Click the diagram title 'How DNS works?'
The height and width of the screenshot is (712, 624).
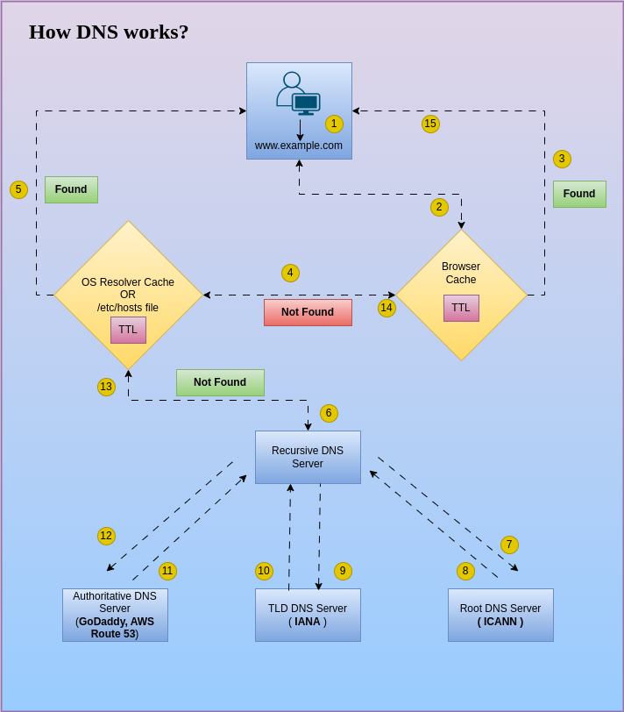click(109, 32)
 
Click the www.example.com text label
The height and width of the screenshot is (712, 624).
click(299, 146)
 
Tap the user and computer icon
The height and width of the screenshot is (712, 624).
click(298, 93)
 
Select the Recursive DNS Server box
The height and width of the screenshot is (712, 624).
click(308, 457)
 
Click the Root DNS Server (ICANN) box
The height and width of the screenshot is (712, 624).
click(500, 615)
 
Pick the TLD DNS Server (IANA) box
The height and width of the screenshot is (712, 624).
click(308, 615)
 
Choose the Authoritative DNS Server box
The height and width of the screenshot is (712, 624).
click(115, 615)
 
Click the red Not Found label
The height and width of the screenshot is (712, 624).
click(308, 312)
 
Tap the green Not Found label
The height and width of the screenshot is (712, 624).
click(220, 382)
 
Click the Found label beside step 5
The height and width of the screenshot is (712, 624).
click(71, 189)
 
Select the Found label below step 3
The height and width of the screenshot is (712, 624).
click(579, 194)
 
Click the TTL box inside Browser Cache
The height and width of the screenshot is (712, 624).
click(461, 308)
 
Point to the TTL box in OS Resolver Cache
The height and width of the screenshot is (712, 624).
click(128, 330)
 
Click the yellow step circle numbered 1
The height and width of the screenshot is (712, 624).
click(334, 124)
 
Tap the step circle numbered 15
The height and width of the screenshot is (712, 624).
click(430, 124)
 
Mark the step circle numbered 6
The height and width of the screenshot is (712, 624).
click(329, 413)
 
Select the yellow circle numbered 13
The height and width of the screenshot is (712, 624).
click(106, 387)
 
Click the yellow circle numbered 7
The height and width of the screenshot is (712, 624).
click(509, 545)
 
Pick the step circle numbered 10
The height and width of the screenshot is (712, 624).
click(264, 571)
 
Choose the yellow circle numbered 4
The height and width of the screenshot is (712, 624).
click(290, 273)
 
